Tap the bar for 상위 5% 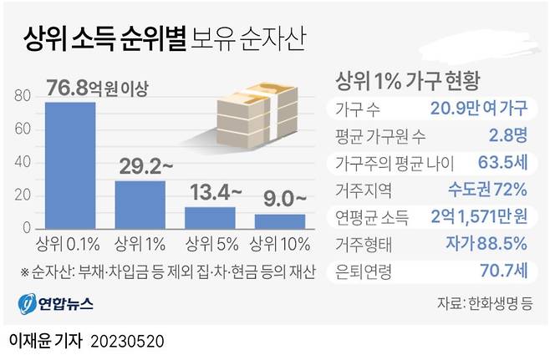click(x=210, y=217)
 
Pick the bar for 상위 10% click(x=278, y=221)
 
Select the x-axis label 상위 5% click(x=210, y=246)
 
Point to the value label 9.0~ click(x=282, y=200)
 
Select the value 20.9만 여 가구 click(x=479, y=109)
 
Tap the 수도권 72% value click(x=487, y=189)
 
